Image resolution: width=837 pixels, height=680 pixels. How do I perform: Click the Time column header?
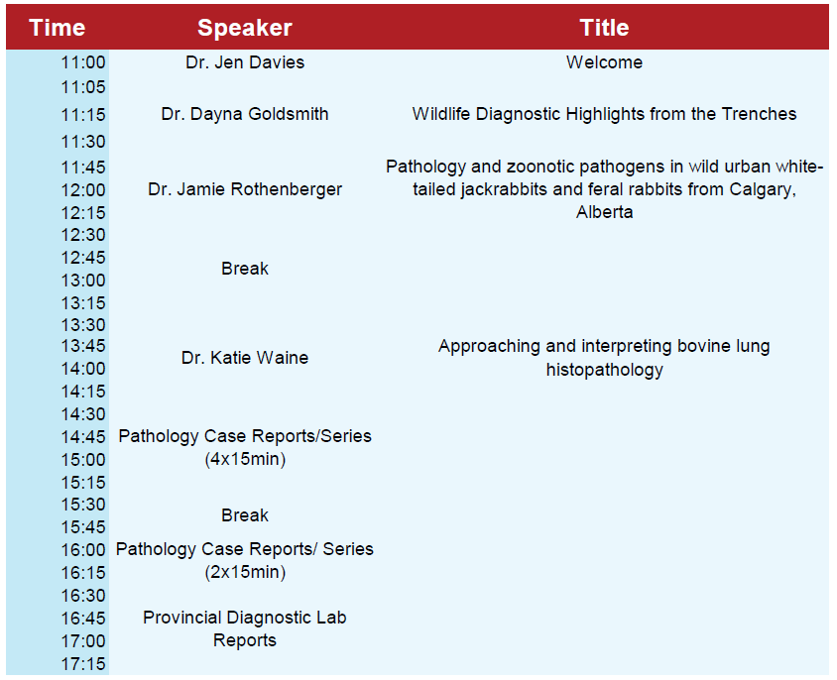(x=58, y=28)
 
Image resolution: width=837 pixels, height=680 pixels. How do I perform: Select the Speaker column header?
(x=245, y=28)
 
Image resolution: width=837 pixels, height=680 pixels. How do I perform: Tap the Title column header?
(x=604, y=28)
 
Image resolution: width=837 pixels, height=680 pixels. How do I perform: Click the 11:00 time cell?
(x=83, y=62)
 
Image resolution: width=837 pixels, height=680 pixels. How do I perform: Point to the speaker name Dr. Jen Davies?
(x=245, y=62)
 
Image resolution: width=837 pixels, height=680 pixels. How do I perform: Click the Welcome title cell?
(x=604, y=62)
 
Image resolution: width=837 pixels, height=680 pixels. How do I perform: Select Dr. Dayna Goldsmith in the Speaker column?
(x=245, y=114)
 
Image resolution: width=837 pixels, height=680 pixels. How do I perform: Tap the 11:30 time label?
(x=83, y=142)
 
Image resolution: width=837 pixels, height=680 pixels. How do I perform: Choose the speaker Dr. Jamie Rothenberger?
(x=245, y=189)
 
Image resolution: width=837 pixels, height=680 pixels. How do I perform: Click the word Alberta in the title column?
(x=604, y=212)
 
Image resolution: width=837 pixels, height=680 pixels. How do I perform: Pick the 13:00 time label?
(x=83, y=281)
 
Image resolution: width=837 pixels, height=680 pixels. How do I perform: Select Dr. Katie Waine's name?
(x=245, y=358)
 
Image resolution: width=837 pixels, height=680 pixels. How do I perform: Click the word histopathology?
(x=604, y=370)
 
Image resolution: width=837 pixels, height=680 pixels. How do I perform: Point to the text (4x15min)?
(x=245, y=459)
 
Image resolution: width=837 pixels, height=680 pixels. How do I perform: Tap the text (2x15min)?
(x=245, y=572)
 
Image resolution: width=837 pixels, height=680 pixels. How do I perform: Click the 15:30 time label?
(x=83, y=505)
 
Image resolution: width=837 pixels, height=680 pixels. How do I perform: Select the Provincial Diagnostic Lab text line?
(x=245, y=618)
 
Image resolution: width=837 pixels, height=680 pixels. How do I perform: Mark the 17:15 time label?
(x=83, y=664)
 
